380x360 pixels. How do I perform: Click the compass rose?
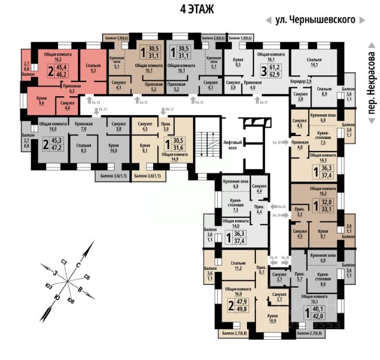coord(70,273)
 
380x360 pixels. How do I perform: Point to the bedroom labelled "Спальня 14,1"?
coord(314,63)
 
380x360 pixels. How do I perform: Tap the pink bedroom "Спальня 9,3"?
coord(93,68)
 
